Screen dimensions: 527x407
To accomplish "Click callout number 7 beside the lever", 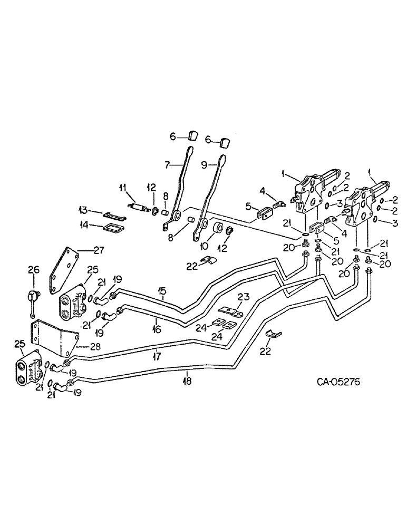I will [167, 165].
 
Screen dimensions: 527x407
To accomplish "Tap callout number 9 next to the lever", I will [205, 164].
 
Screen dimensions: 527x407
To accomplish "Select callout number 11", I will [122, 188].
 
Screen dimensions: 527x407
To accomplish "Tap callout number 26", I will [33, 270].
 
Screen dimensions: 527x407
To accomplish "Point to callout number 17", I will [157, 357].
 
